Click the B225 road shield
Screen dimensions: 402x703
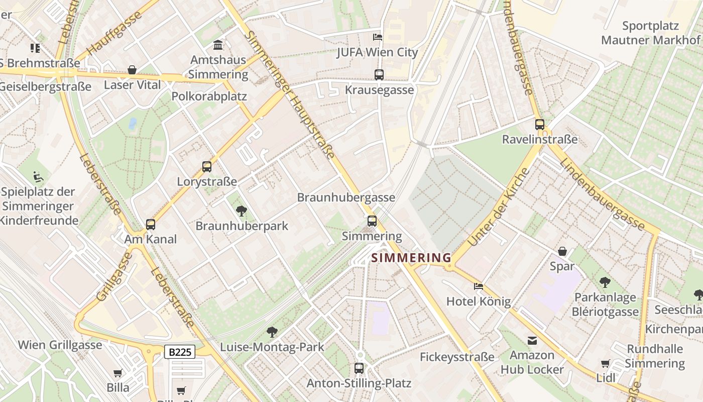click(180, 352)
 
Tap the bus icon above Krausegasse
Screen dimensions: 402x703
click(379, 75)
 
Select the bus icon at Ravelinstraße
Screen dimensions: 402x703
click(540, 125)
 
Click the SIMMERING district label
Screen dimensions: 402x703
click(411, 258)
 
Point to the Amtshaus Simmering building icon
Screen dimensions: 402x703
click(218, 45)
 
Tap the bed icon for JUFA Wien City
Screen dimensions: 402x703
click(378, 37)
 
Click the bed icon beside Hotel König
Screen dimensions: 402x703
click(479, 286)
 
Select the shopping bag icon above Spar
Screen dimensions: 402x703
click(562, 251)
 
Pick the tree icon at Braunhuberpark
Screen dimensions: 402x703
click(242, 211)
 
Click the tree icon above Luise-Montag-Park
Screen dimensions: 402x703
click(272, 332)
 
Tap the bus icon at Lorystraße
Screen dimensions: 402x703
click(207, 167)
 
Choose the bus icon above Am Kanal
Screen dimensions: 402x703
click(151, 225)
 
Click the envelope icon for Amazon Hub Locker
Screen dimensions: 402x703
click(532, 341)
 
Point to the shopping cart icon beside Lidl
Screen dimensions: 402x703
click(606, 363)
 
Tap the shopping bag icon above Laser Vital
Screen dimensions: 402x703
click(132, 70)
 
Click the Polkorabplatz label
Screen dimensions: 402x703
click(209, 96)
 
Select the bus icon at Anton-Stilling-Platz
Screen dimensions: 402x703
click(359, 368)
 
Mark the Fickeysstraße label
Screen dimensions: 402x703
click(457, 357)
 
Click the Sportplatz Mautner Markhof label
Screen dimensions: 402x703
click(650, 33)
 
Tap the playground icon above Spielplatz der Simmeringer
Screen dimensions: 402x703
click(38, 177)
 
